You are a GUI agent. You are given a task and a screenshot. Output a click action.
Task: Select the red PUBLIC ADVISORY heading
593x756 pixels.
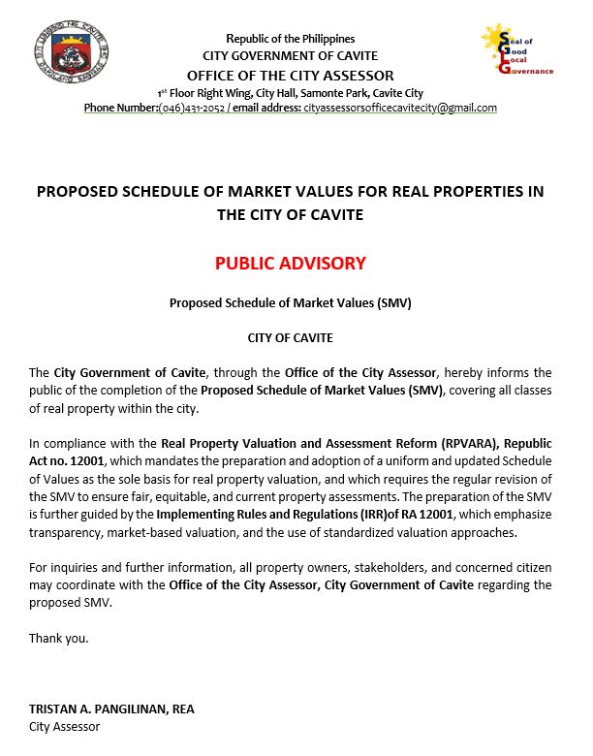tap(291, 263)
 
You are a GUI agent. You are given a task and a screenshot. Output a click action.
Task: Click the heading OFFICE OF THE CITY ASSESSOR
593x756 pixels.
tap(291, 76)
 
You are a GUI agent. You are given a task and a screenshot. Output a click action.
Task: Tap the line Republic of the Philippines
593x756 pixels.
tap(291, 39)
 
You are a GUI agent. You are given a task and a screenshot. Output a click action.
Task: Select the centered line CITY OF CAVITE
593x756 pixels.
tap(291, 337)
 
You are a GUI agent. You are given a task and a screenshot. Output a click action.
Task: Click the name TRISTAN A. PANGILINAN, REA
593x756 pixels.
tap(111, 709)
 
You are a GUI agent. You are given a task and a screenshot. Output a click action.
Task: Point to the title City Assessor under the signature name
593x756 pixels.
tap(64, 726)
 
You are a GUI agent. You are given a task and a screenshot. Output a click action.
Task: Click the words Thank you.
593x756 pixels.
tap(58, 638)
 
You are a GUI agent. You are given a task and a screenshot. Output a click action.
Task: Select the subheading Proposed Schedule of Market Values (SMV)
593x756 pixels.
tap(291, 302)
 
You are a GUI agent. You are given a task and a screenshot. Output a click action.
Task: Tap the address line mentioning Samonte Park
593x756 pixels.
tap(291, 93)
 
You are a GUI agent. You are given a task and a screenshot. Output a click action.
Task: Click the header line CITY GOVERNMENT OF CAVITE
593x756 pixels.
tap(291, 56)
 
